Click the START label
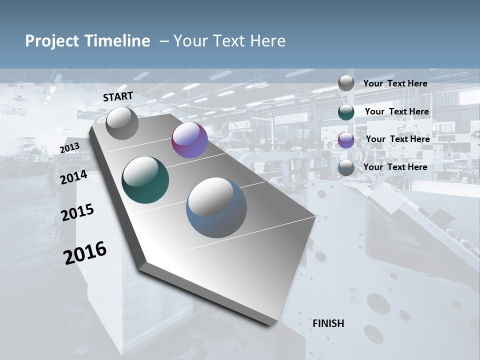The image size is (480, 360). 118,96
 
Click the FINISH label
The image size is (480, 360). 328,323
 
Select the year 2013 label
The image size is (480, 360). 69,148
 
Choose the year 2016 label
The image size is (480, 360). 85,253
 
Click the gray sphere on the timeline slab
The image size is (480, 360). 122,123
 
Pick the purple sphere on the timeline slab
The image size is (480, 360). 189,140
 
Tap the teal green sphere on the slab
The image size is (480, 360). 145,180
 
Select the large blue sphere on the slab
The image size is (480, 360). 216,207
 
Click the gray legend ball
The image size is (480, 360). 346,83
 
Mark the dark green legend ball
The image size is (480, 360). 346,112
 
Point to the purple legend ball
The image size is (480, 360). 346,140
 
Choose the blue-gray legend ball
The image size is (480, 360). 346,168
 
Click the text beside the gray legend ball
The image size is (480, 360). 395,83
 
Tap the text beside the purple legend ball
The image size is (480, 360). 398,139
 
